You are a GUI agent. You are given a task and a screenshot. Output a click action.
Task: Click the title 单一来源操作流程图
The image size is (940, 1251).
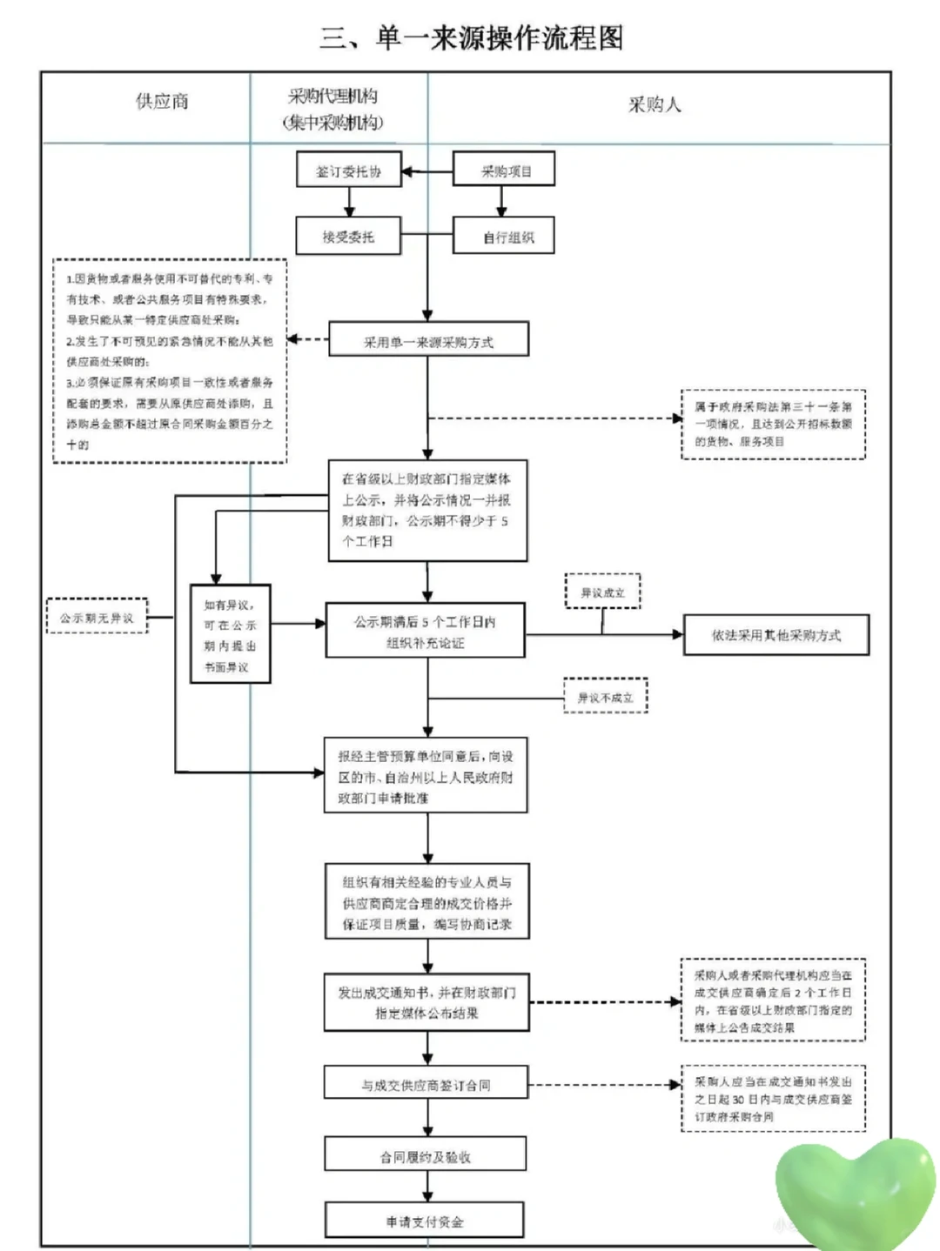pos(472,38)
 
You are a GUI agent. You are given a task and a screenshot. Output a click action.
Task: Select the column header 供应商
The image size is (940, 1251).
pos(162,102)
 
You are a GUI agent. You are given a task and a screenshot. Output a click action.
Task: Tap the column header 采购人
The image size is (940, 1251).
pos(655,105)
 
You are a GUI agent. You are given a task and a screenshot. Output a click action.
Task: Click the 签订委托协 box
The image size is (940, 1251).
pos(348,171)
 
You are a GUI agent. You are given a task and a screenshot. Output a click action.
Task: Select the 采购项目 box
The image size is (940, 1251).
pos(504,171)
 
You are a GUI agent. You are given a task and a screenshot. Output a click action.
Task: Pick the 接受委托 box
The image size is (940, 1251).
pos(348,237)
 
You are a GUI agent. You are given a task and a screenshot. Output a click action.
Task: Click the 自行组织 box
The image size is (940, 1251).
pos(504,237)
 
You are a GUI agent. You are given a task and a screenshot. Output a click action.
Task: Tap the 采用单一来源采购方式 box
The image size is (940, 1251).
pos(428,342)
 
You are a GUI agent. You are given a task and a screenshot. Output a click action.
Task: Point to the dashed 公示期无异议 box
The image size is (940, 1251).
pos(97,618)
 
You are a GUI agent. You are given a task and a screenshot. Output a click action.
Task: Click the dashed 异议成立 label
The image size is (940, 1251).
pos(602,592)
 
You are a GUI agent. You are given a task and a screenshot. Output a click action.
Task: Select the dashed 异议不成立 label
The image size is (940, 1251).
pos(605,697)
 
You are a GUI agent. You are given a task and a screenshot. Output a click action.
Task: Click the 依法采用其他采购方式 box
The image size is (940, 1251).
pos(775,635)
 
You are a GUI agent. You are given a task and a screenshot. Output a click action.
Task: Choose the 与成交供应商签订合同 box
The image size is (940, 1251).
pos(426,1085)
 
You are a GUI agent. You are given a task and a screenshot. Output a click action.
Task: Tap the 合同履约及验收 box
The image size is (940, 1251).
pos(426,1156)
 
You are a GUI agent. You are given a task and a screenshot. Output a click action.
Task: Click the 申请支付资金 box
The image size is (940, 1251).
pos(425,1221)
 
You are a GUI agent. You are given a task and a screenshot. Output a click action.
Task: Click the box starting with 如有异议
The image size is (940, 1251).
pos(231,634)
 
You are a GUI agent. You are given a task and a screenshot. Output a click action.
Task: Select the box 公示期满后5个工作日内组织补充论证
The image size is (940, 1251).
pos(425,632)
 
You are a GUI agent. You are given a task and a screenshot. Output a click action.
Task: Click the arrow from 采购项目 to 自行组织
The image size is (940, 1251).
pos(501,202)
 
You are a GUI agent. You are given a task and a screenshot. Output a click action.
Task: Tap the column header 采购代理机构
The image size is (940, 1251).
pos(333,109)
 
